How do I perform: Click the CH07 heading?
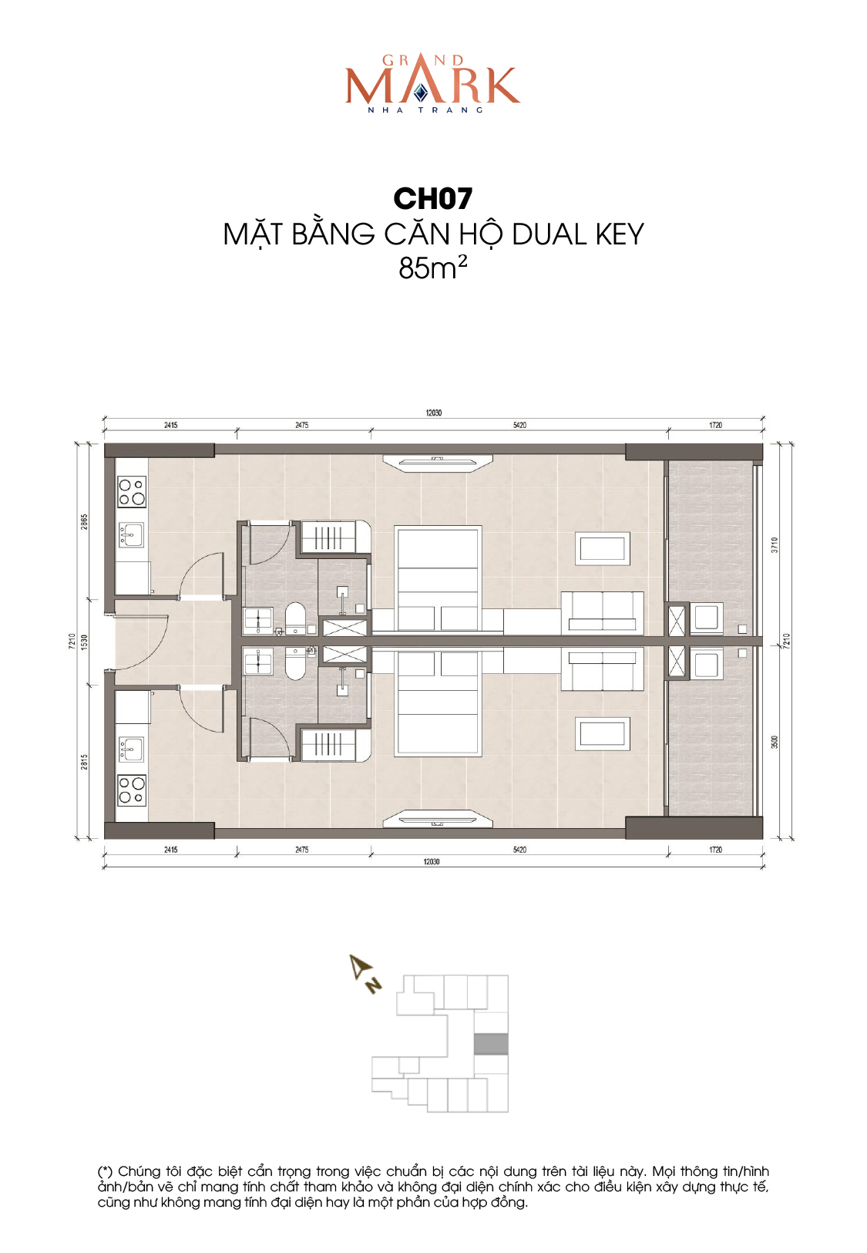click(x=432, y=199)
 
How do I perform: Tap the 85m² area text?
click(x=432, y=268)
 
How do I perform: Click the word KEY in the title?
click(x=620, y=234)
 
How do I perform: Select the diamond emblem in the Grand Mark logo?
click(x=421, y=93)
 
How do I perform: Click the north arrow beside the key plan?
click(x=365, y=974)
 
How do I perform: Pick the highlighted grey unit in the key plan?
click(x=491, y=1044)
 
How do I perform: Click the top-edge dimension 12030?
click(x=433, y=413)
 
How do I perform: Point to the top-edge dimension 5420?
click(x=519, y=425)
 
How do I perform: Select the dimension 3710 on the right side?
click(x=775, y=545)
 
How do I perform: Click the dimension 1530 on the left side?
click(x=85, y=642)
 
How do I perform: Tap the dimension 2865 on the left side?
click(x=85, y=522)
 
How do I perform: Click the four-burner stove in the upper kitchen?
click(x=131, y=492)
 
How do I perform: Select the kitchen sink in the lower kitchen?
click(x=131, y=749)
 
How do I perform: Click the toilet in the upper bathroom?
click(x=295, y=618)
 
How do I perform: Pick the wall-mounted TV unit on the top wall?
click(x=438, y=463)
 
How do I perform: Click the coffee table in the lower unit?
click(x=603, y=733)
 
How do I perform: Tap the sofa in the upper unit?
click(x=603, y=613)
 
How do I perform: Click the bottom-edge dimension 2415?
click(x=170, y=850)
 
